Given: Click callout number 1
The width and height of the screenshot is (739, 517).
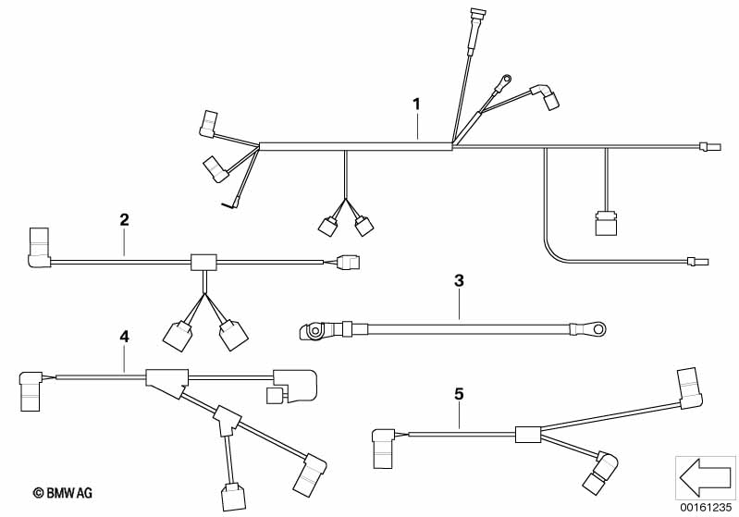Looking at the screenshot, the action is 416,105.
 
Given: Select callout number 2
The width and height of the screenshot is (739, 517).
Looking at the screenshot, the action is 124,219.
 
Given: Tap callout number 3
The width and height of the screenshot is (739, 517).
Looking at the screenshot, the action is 459,281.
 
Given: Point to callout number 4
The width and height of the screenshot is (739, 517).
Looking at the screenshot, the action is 124,337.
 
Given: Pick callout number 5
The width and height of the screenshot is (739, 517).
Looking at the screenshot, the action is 459,393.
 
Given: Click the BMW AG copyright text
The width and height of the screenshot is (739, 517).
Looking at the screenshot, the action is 63,494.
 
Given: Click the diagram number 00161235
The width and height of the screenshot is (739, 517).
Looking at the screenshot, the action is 706,508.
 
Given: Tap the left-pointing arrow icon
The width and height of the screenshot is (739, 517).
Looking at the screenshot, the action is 705,477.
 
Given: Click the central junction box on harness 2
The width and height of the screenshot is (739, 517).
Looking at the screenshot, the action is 203,262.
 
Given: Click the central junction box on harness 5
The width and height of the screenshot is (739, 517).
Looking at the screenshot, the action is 528,434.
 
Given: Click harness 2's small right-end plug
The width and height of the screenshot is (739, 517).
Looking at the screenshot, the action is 349,263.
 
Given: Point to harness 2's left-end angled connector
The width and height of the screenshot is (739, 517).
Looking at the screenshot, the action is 40,248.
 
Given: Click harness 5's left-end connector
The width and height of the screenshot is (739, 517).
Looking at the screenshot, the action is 384,448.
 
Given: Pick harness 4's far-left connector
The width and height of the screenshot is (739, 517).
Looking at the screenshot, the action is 31,390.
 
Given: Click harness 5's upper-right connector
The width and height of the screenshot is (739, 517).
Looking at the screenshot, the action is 690,388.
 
